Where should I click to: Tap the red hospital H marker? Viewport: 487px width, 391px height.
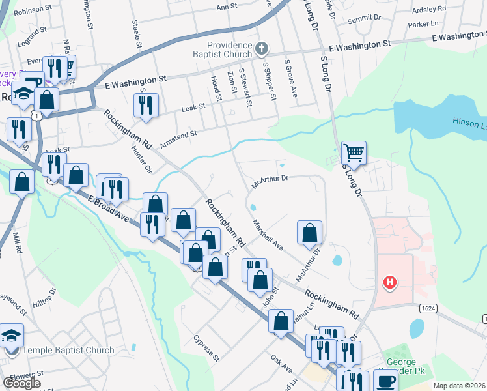click(x=389, y=282)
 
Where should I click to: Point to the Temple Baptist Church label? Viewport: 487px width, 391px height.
click(x=68, y=350)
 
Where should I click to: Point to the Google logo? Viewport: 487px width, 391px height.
click(x=21, y=383)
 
